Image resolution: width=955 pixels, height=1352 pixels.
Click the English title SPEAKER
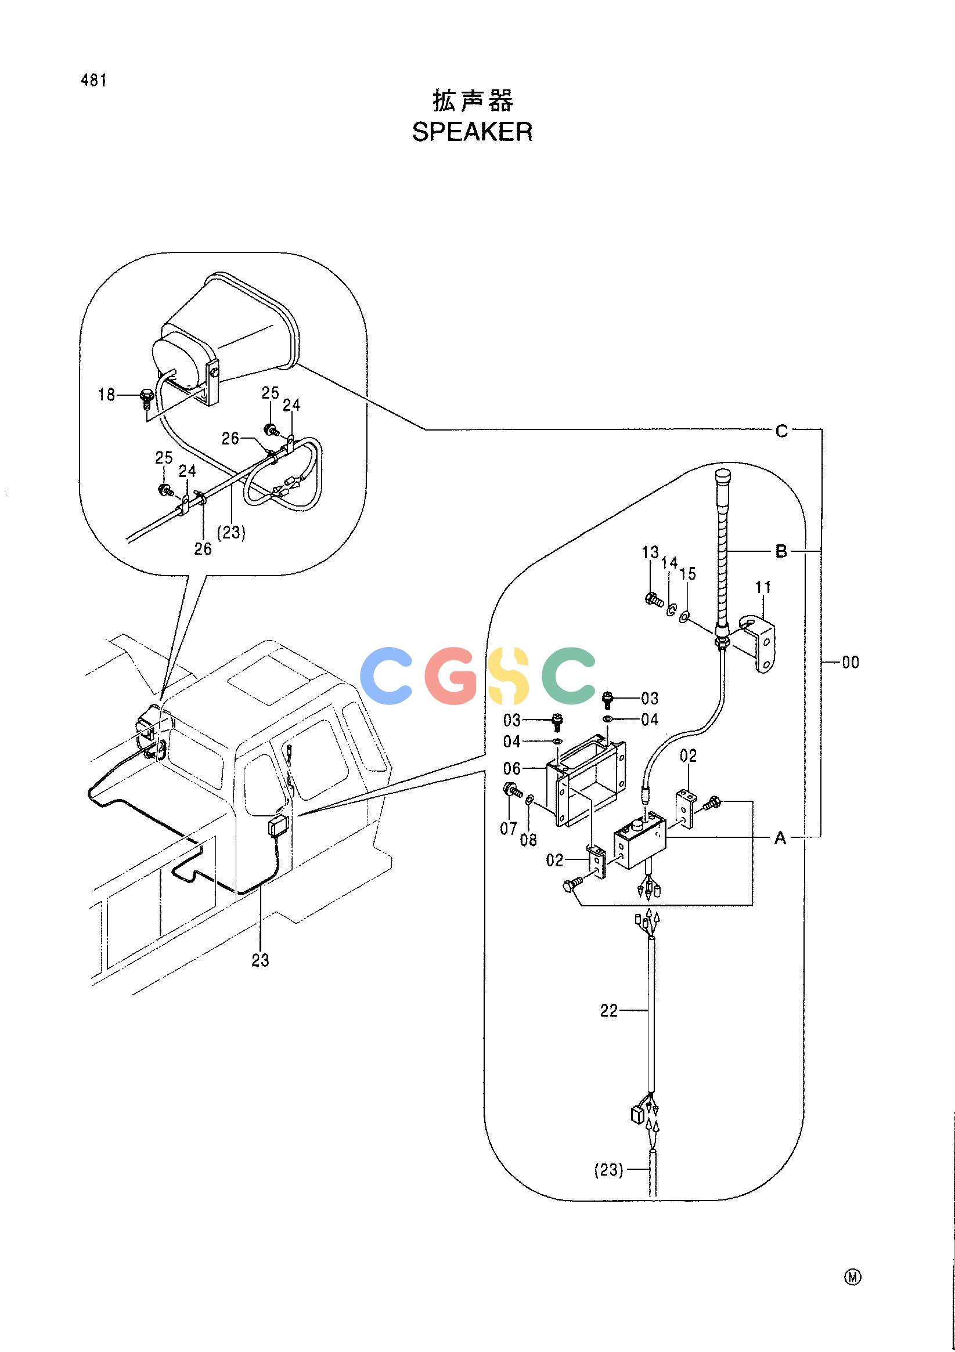pyautogui.click(x=472, y=132)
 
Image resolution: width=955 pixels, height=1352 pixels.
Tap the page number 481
pyautogui.click(x=93, y=81)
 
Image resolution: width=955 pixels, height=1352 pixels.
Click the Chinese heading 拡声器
pyautogui.click(x=473, y=101)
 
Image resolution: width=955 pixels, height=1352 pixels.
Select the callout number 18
pyautogui.click(x=107, y=395)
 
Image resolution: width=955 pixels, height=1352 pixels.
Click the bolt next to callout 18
pyautogui.click(x=145, y=399)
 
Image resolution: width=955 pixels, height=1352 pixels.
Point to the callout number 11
pyautogui.click(x=763, y=587)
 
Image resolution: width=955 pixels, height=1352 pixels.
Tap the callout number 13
pyautogui.click(x=650, y=553)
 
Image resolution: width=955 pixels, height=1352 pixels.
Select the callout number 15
pyautogui.click(x=687, y=573)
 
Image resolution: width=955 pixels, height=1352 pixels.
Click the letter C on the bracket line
pyautogui.click(x=781, y=432)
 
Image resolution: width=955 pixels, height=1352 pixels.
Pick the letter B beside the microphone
pyautogui.click(x=781, y=552)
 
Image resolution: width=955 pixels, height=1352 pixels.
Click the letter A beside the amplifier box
pyautogui.click(x=780, y=838)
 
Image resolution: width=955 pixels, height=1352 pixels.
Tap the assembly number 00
pyautogui.click(x=850, y=663)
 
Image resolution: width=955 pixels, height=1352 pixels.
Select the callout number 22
pyautogui.click(x=608, y=1011)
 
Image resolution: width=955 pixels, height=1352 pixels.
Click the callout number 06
pyautogui.click(x=512, y=769)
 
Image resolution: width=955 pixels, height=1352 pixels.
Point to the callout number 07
pyautogui.click(x=509, y=829)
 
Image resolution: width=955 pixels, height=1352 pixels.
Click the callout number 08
pyautogui.click(x=528, y=840)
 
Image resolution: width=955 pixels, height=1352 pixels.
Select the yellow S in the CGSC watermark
pyautogui.click(x=516, y=675)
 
